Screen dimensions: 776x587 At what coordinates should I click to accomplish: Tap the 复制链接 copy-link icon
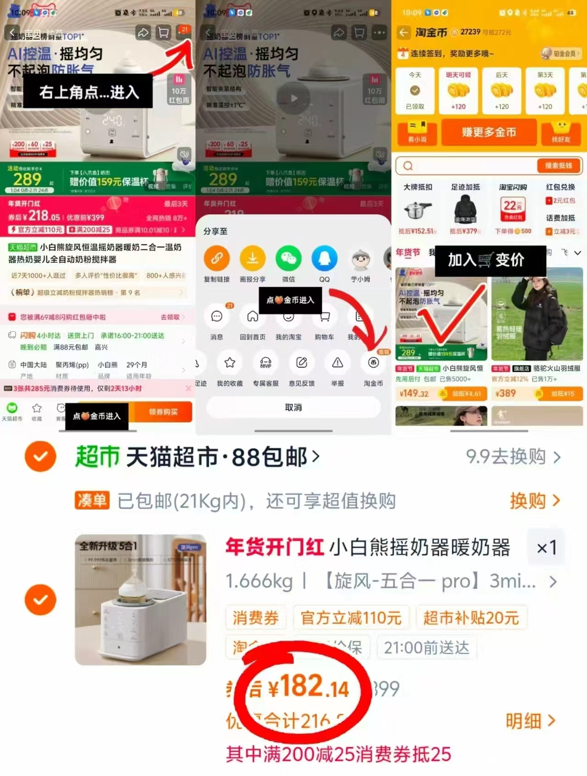216,258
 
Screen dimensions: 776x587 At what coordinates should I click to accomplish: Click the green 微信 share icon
288,258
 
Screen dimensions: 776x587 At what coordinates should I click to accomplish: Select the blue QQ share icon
324,258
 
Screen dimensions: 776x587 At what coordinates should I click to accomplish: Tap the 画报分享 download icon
252,258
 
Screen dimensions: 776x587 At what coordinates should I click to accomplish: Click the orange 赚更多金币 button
489,132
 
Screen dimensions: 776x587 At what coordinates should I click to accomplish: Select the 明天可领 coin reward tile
458,90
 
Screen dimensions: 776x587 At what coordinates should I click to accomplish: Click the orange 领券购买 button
163,412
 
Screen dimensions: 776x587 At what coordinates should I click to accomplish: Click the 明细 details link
530,721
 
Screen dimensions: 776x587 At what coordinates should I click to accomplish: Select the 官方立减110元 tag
351,618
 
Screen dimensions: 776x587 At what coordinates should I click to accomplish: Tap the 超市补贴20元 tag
471,618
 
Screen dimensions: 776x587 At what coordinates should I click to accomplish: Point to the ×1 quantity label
546,547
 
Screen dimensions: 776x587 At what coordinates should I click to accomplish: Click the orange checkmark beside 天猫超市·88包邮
40,456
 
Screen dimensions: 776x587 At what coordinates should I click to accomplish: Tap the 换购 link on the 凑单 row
535,501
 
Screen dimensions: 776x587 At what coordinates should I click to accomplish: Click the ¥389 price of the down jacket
505,394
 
